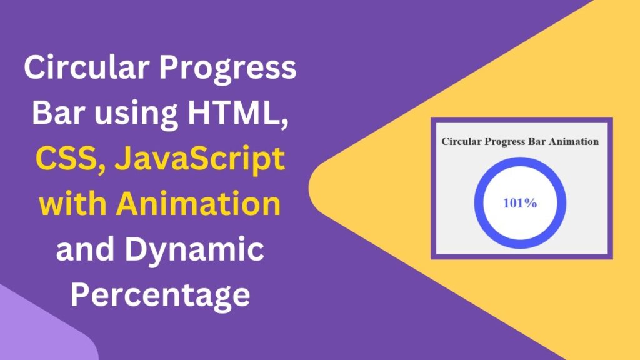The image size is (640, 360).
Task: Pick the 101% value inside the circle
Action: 520,203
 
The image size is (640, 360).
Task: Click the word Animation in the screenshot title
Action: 572,141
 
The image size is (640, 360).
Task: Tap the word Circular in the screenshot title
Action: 459,141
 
